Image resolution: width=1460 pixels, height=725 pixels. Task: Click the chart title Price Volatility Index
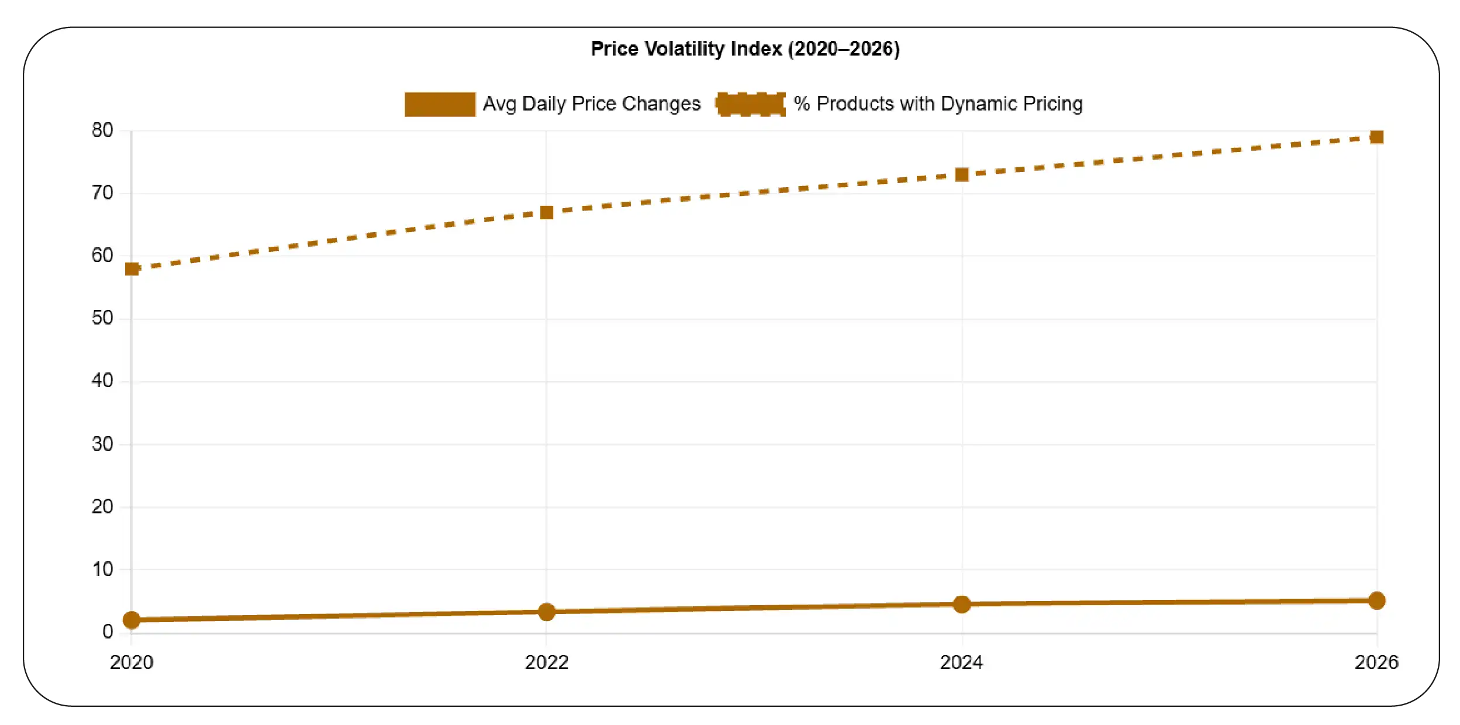pyautogui.click(x=744, y=49)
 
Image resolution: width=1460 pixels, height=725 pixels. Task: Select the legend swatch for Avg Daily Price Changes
pyautogui.click(x=440, y=104)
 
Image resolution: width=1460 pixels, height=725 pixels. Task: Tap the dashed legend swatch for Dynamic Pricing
pyautogui.click(x=751, y=104)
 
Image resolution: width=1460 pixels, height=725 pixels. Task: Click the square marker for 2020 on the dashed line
pyautogui.click(x=132, y=268)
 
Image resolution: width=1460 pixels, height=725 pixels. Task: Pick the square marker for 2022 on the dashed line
pyautogui.click(x=546, y=212)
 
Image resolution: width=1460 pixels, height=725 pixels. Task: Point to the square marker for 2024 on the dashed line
pyautogui.click(x=961, y=174)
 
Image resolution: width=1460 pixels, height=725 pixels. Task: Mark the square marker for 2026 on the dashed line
pyautogui.click(x=1376, y=137)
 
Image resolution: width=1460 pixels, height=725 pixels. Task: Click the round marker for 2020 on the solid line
pyautogui.click(x=132, y=620)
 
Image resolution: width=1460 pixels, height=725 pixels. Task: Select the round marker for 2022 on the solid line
pyautogui.click(x=546, y=612)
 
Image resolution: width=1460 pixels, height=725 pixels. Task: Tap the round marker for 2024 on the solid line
pyautogui.click(x=961, y=604)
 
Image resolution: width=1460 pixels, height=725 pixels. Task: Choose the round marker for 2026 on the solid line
pyautogui.click(x=1376, y=600)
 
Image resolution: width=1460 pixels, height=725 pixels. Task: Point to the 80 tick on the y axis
pyautogui.click(x=102, y=130)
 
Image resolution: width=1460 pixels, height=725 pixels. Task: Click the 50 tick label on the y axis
pyautogui.click(x=102, y=317)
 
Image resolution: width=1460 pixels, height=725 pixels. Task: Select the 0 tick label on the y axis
pyautogui.click(x=108, y=631)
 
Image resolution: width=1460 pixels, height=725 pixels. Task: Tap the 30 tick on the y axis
pyautogui.click(x=102, y=444)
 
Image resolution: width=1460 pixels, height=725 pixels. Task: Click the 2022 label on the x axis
pyautogui.click(x=546, y=662)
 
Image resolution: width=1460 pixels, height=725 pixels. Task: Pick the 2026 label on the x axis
pyautogui.click(x=1376, y=662)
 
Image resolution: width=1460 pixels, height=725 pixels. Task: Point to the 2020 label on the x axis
pyautogui.click(x=132, y=662)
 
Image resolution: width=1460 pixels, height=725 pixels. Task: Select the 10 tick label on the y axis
pyautogui.click(x=102, y=569)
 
